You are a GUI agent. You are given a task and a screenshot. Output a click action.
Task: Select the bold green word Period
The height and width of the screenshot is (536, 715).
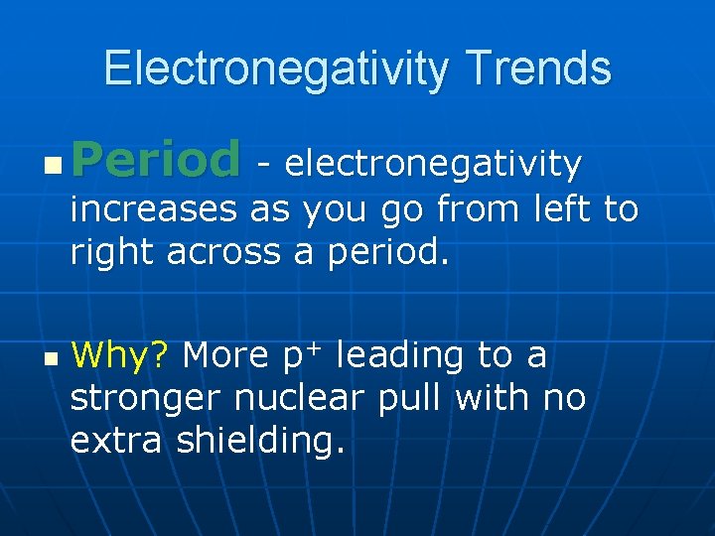pos(156,161)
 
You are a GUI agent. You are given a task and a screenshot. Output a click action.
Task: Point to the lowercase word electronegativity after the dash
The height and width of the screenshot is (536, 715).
pos(433,164)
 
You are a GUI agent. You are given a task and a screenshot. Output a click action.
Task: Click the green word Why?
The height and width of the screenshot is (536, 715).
pos(121,354)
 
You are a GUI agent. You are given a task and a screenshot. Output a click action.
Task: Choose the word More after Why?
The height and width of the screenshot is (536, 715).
pos(225,354)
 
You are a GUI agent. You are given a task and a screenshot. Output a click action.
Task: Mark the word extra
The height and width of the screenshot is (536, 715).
pos(115,442)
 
